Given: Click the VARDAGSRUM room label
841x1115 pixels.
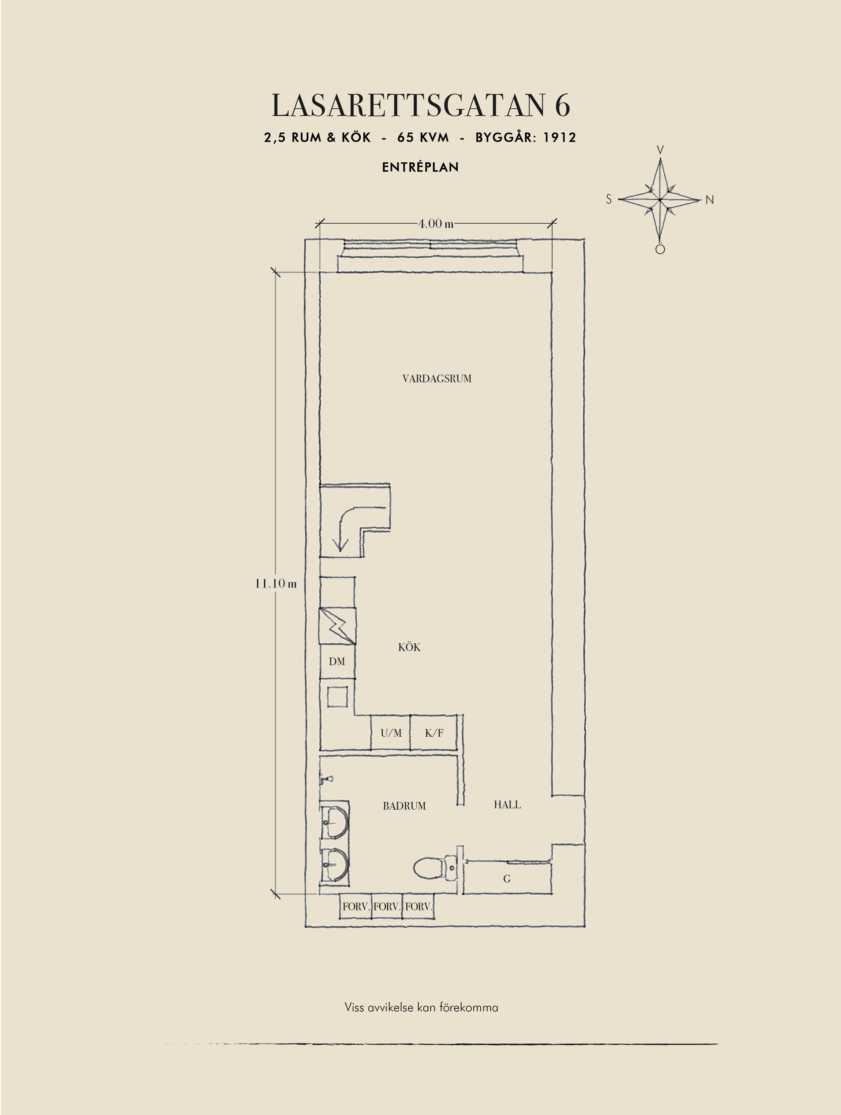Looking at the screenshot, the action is click(437, 379).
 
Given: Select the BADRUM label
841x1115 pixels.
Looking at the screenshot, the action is click(404, 806).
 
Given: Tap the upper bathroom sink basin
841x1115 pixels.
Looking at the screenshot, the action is click(335, 821).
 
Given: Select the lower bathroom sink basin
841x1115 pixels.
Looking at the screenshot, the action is click(335, 864).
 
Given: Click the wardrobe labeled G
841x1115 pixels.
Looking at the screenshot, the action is click(507, 878).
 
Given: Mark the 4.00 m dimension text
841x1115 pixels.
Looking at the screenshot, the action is click(436, 223).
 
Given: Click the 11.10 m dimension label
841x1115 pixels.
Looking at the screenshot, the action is click(276, 583).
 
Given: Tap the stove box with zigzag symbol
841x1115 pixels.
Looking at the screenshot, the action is click(338, 626).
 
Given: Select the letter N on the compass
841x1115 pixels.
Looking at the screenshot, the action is click(710, 200).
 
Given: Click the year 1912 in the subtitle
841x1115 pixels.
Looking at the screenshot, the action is click(559, 137).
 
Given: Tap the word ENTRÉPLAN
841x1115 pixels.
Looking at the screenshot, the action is click(420, 167).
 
